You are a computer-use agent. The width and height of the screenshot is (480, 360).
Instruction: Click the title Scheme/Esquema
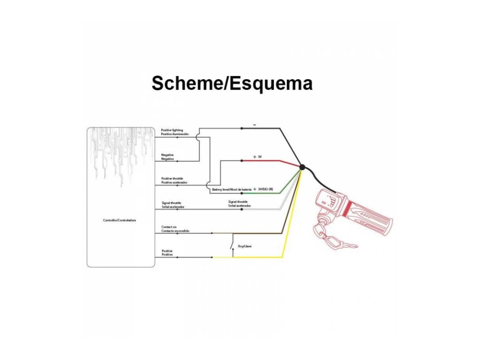click(x=232, y=83)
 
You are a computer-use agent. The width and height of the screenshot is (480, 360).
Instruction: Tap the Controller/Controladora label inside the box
click(x=120, y=220)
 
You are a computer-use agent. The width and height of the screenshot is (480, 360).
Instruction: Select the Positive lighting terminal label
click(x=174, y=132)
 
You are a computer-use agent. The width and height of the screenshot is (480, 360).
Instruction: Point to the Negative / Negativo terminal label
click(x=168, y=157)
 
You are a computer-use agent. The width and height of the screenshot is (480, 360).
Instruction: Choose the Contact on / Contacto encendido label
click(x=175, y=229)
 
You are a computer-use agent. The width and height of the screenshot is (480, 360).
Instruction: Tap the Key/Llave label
click(x=245, y=246)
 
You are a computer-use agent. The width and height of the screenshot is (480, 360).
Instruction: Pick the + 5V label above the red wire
click(x=257, y=157)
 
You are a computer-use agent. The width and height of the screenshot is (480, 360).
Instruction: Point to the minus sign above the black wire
click(x=254, y=125)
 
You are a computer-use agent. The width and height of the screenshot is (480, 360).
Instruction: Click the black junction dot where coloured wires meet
click(x=302, y=167)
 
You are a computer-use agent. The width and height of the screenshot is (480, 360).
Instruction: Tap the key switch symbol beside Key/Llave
click(x=232, y=246)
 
